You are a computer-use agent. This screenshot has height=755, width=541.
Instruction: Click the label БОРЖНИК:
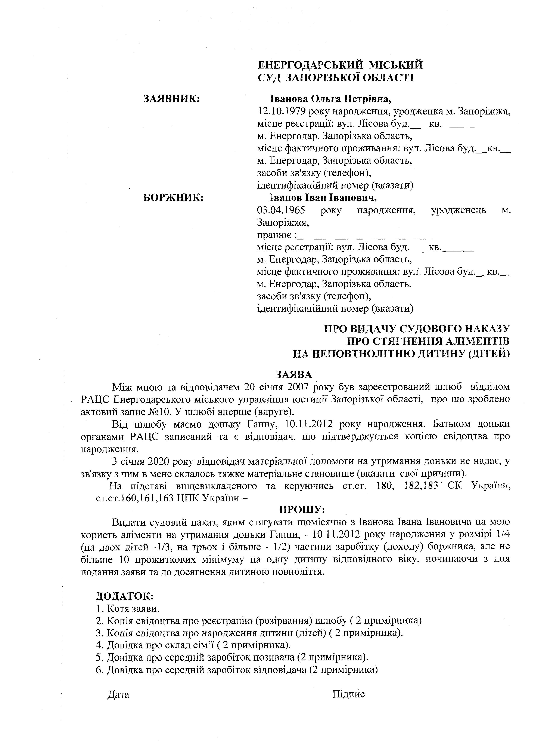point(173,198)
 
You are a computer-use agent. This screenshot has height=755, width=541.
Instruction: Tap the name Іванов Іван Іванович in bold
point(324,198)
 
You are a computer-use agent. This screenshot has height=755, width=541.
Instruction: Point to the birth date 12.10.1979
point(282,111)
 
